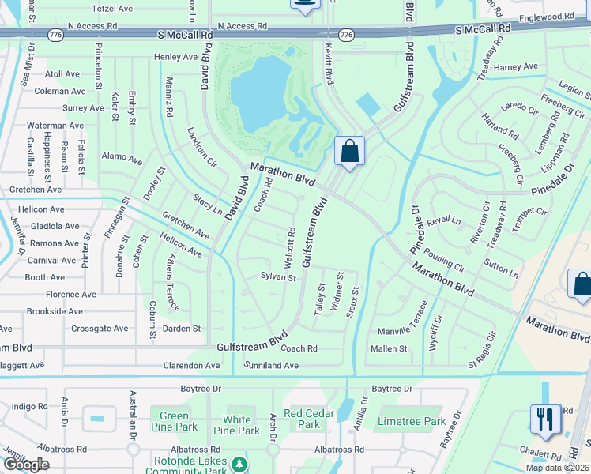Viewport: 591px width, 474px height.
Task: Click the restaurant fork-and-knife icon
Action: (545, 418)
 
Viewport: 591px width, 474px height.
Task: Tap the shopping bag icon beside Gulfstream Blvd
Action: (348, 151)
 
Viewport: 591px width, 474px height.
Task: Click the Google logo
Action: (27, 465)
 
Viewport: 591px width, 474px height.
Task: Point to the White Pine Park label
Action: (237, 425)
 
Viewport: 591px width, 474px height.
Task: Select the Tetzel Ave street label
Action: (112, 8)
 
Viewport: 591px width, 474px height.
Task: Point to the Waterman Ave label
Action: (55, 126)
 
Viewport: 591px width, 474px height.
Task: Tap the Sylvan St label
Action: (278, 277)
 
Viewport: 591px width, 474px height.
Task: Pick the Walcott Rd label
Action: (290, 246)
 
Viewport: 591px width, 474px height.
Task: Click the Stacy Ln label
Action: (207, 204)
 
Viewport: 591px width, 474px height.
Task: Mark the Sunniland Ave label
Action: (273, 366)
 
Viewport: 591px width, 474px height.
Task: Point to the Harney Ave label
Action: (516, 67)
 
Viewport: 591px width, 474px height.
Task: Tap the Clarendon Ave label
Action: (191, 366)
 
